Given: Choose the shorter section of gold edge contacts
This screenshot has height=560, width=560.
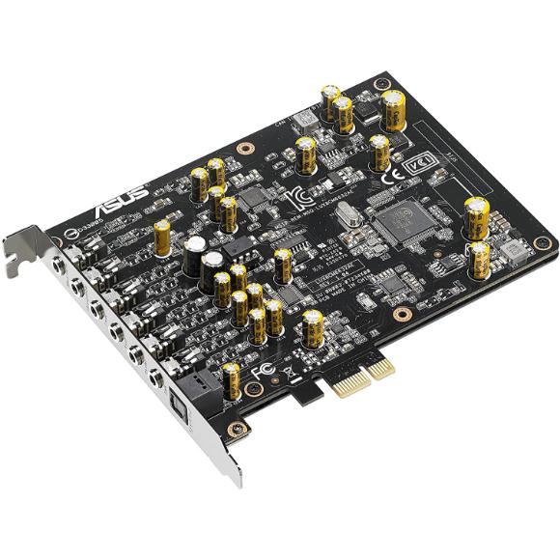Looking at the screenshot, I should pos(382,364).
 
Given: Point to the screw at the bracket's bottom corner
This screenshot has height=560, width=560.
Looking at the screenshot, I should pos(232,427).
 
